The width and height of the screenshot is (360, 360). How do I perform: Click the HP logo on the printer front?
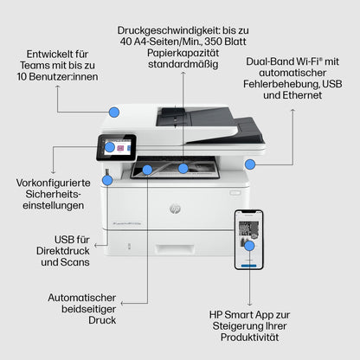[176, 209]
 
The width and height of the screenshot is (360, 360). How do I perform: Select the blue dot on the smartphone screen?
[249, 246]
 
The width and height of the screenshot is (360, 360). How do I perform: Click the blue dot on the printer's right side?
[250, 164]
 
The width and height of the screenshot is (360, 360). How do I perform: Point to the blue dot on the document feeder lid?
[114, 111]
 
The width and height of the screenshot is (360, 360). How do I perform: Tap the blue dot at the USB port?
[108, 183]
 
